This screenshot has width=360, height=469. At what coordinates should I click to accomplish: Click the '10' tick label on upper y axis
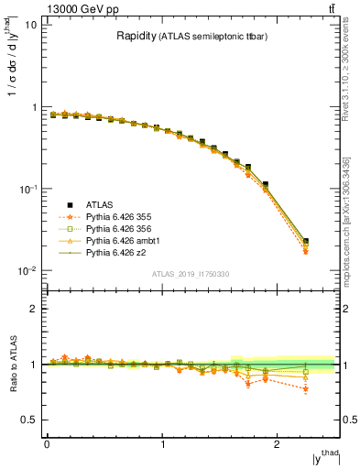tap(31, 25)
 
